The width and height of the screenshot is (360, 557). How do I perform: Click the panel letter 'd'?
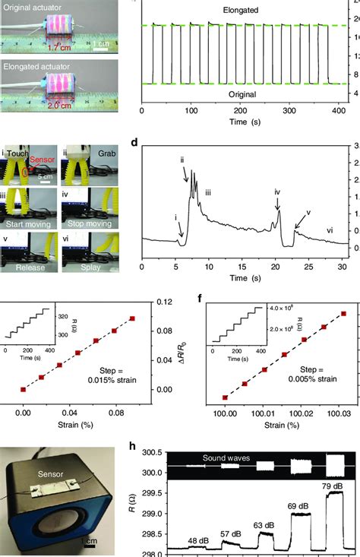[x=134, y=164]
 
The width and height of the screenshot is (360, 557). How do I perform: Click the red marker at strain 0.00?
[x=23, y=389]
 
